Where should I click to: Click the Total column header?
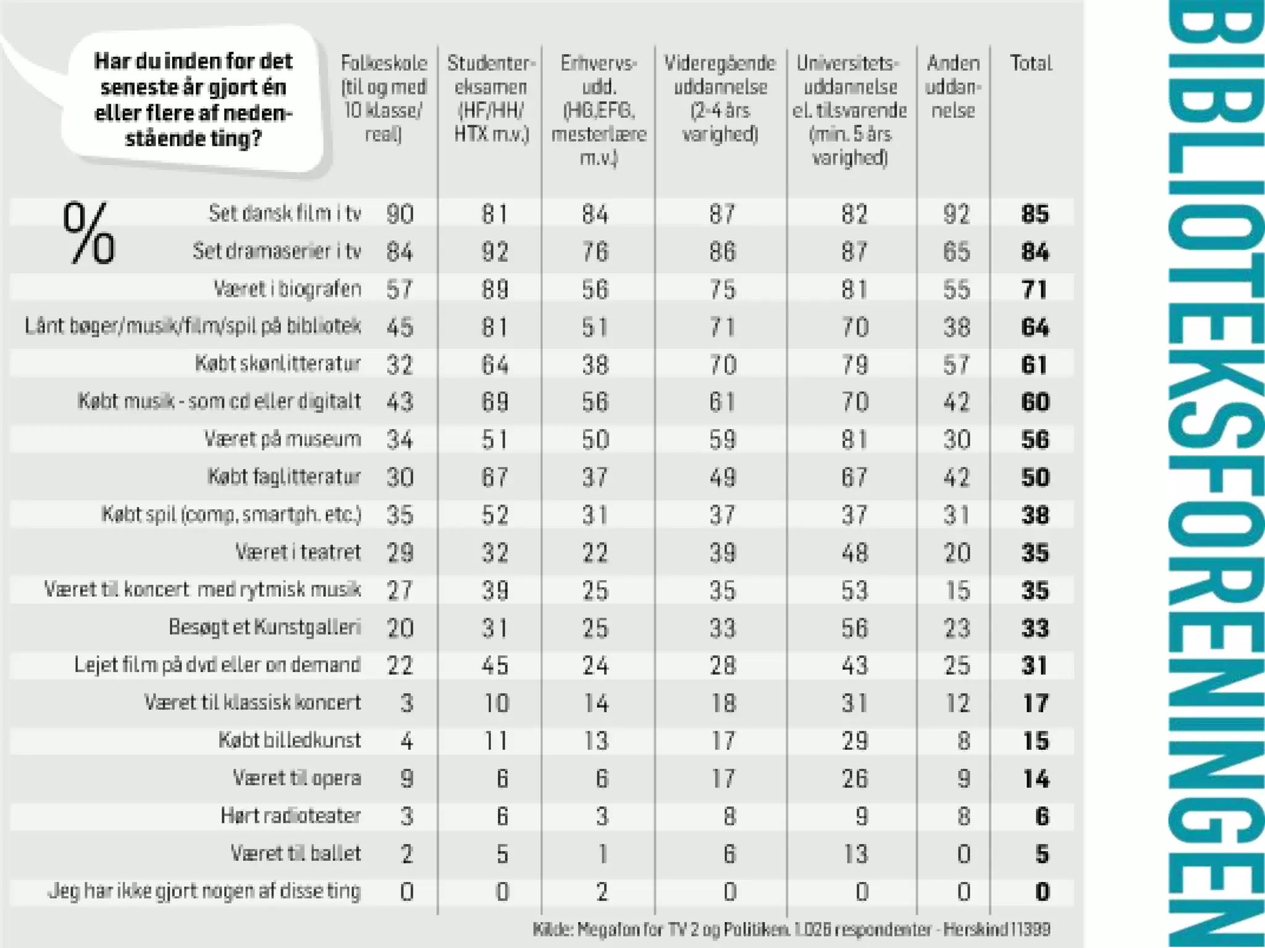click(x=1030, y=64)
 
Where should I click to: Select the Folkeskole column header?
click(x=384, y=98)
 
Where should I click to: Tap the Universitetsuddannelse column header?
click(x=850, y=110)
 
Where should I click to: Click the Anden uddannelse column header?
click(x=953, y=86)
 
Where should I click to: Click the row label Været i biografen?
click(x=287, y=289)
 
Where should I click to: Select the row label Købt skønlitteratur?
click(x=278, y=364)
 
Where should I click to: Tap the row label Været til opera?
click(x=297, y=778)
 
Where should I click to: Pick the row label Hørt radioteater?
click(x=291, y=815)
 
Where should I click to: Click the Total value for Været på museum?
click(x=1035, y=439)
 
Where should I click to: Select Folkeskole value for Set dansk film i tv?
click(x=400, y=214)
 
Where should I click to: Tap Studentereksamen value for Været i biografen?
click(x=495, y=289)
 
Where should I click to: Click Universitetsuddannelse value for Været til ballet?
click(x=855, y=854)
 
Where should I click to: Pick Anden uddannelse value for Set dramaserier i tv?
click(x=956, y=252)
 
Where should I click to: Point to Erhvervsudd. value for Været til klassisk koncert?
click(x=596, y=703)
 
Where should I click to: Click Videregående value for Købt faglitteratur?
click(x=722, y=477)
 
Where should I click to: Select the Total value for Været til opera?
click(x=1036, y=778)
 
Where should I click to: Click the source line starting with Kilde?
click(x=791, y=929)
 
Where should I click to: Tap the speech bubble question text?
click(x=193, y=99)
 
